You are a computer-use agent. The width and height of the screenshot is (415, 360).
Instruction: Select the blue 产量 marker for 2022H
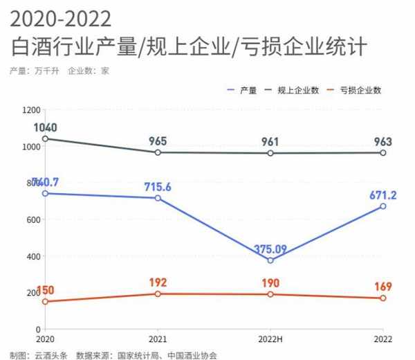[270, 260]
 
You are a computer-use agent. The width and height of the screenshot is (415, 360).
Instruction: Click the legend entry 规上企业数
[297, 89]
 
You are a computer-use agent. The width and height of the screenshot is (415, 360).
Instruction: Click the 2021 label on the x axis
[158, 339]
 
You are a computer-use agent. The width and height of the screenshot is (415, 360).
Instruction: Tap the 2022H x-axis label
[270, 339]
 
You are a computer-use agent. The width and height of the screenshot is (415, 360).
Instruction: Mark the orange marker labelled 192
[158, 294]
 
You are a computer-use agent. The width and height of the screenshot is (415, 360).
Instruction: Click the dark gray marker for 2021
[158, 152]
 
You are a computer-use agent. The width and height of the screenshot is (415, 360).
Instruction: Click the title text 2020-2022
[61, 17]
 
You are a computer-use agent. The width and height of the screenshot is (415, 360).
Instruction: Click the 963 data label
[382, 141]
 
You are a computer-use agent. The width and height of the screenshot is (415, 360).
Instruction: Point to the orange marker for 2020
[46, 301]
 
